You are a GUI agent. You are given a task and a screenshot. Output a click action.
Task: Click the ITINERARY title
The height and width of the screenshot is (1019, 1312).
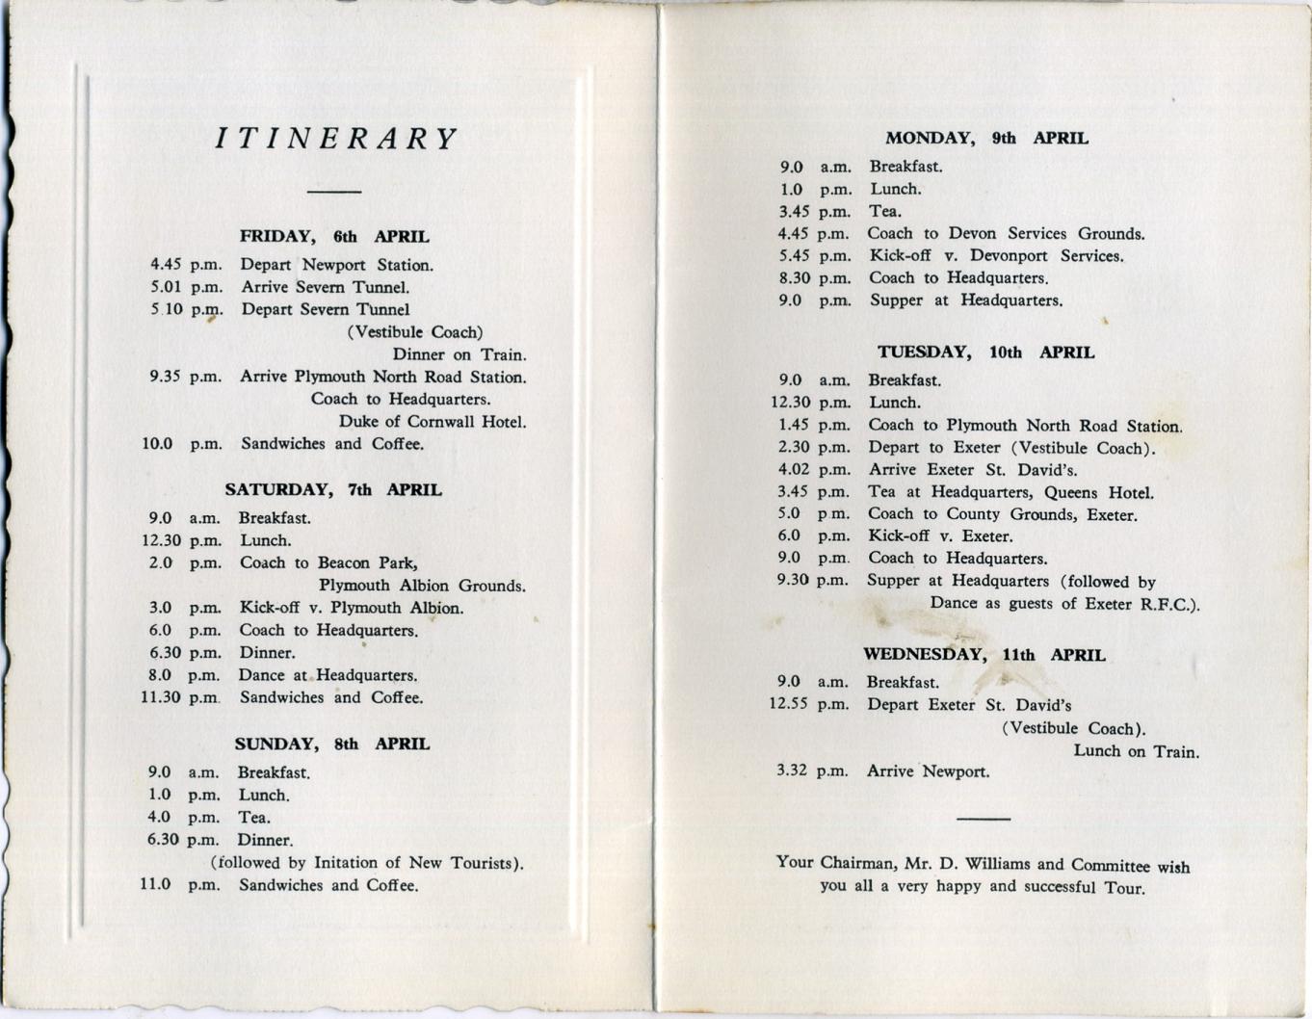point(335,140)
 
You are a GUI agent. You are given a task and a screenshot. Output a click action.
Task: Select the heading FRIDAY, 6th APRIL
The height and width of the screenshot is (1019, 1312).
point(334,237)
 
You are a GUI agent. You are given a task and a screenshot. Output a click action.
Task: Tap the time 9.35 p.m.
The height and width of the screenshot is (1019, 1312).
point(185,377)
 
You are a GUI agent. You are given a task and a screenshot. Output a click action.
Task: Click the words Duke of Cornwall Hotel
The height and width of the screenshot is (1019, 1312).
point(432,422)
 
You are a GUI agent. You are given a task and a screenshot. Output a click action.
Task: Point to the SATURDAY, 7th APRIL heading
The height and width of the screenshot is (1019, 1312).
point(333,490)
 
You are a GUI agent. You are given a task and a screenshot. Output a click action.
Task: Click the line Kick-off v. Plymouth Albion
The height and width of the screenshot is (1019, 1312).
point(352,608)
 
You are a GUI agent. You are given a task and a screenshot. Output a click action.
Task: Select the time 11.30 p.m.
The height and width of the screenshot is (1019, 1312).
point(180,697)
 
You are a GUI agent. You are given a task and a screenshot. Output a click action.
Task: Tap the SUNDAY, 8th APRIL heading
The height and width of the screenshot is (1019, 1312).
point(332,745)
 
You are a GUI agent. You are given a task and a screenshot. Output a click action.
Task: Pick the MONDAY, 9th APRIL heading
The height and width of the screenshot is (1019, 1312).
point(986,139)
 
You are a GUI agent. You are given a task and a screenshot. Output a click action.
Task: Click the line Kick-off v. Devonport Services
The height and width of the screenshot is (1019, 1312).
point(996,256)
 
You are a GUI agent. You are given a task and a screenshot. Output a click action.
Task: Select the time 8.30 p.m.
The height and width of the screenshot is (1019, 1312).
point(815,278)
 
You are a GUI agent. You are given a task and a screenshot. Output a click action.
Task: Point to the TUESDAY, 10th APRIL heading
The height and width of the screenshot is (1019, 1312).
point(985,353)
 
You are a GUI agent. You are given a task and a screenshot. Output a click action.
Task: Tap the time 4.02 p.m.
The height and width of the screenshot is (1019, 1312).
point(814,470)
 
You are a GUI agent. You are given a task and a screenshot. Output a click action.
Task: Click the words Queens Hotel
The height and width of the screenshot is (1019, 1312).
point(1098,493)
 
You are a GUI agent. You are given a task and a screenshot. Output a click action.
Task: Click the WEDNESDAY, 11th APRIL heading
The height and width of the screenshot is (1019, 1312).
point(984,655)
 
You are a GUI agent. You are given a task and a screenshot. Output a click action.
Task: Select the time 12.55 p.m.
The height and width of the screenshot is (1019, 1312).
point(809,705)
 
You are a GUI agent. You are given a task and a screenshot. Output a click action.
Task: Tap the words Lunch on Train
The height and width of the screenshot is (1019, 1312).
point(1136,751)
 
